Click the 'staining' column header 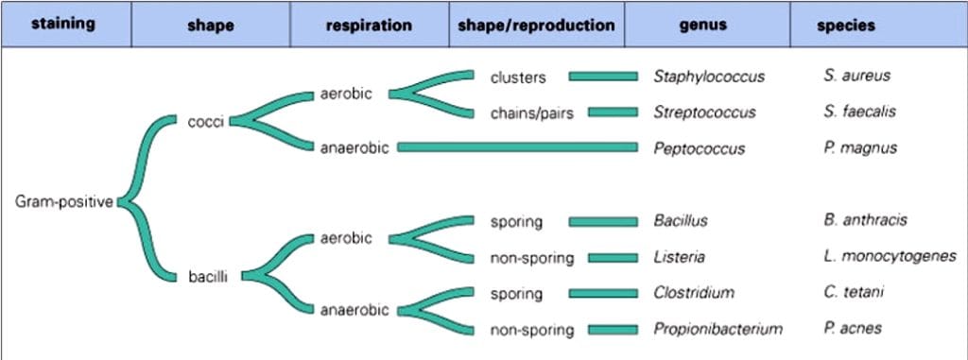coord(63,24)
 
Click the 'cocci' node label coord(205,121)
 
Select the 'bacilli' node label coord(206,277)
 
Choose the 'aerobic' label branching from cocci coord(346,94)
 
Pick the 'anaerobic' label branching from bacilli coord(354,308)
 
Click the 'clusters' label coord(518,77)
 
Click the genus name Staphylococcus coord(709,77)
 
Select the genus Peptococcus coord(699,148)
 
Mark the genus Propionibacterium coord(717,329)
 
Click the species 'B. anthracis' coord(865,220)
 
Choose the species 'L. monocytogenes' coord(889,257)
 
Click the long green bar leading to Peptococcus coord(516,147)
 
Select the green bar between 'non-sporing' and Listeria coord(613,257)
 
